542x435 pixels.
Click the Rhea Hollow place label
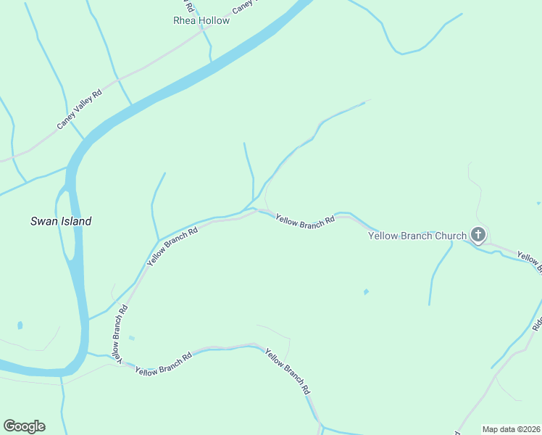coord(201,20)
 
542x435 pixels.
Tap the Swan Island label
coord(61,221)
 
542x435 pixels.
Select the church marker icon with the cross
coord(478,234)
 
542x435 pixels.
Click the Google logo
coord(24,426)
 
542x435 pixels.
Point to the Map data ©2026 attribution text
coord(511,429)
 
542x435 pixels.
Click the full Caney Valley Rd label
coord(80,109)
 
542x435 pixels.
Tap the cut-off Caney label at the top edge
coord(244,7)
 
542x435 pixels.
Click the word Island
coord(75,221)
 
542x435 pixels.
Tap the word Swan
coord(43,221)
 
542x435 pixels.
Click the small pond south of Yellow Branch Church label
coord(366,292)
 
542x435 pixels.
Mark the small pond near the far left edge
coord(19,325)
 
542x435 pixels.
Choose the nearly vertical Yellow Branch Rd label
coord(119,333)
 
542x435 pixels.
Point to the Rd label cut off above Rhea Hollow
coord(190,5)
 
